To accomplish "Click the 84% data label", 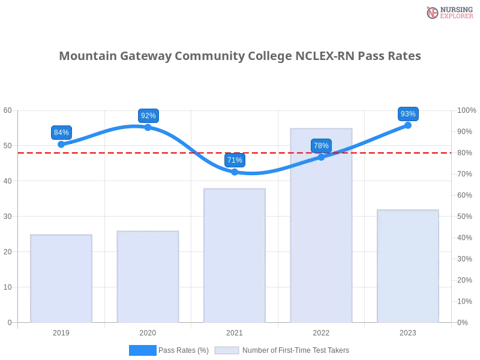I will pyautogui.click(x=61, y=133).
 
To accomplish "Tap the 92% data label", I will pyautogui.click(x=148, y=116).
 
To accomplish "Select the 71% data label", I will pyautogui.click(x=235, y=160).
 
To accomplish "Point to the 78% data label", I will pyautogui.click(x=321, y=146).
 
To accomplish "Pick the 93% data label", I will pyautogui.click(x=408, y=114).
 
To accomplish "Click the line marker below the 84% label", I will pyautogui.click(x=61, y=145).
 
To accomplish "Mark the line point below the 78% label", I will pyautogui.click(x=321, y=157).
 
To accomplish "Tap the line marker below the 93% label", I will pyautogui.click(x=408, y=125).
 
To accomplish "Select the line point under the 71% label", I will pyautogui.click(x=235, y=172).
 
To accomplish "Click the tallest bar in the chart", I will pyautogui.click(x=322, y=240).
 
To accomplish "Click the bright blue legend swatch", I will pyautogui.click(x=143, y=350).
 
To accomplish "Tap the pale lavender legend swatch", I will pyautogui.click(x=227, y=350).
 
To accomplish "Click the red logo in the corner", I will pyautogui.click(x=433, y=12).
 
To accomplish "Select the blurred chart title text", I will pyautogui.click(x=240, y=56).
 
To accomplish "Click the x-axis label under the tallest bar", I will pyautogui.click(x=322, y=331).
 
